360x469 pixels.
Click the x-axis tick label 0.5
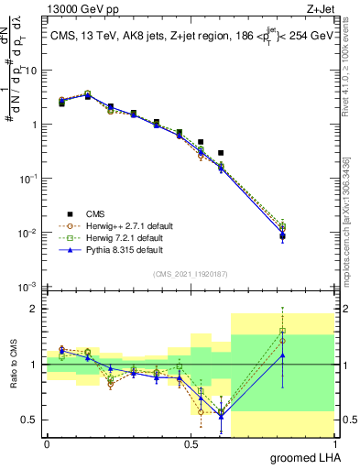click(191, 444)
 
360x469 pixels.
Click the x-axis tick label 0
click(47, 444)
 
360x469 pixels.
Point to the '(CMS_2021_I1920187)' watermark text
click(190, 274)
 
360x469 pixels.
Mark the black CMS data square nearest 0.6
click(221, 152)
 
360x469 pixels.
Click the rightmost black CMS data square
click(283, 236)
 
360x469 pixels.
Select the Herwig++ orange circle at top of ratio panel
click(283, 340)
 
